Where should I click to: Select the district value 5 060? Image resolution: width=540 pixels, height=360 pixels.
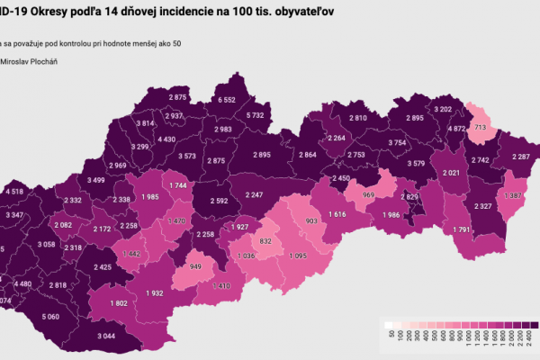point(49,316)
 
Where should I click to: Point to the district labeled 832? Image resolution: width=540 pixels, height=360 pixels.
point(265,242)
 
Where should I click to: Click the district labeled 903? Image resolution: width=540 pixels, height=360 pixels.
point(312,220)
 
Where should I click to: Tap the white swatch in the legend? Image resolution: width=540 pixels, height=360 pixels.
point(387,326)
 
